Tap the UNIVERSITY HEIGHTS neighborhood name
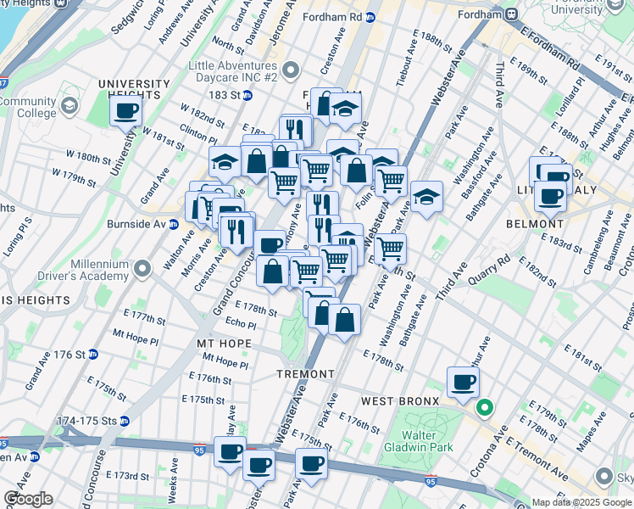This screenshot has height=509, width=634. pos(133,83)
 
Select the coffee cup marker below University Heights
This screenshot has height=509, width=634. pos(125,109)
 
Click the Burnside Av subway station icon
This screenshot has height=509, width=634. pos(173,225)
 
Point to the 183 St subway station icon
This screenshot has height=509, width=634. pos(247,95)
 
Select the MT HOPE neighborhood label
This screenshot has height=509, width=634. pos(224,344)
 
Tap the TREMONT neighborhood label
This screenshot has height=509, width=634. pos(305,374)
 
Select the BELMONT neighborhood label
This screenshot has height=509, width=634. pos(534,224)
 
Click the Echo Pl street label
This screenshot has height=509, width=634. pos(241,323)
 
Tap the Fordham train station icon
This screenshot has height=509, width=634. pos(511,14)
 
